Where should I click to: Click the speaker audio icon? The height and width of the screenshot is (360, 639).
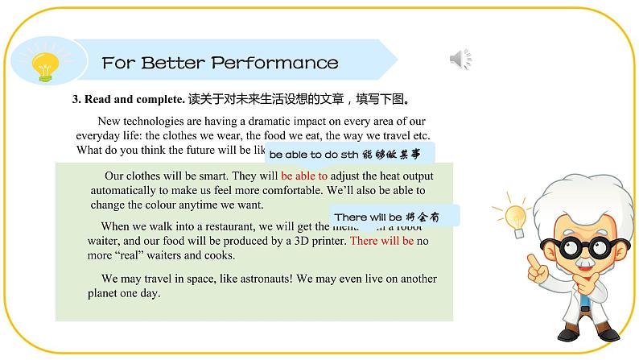460,59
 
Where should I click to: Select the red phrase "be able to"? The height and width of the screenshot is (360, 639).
304,176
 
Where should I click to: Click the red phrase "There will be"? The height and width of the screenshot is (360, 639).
382,240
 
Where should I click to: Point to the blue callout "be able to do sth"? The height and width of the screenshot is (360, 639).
349,153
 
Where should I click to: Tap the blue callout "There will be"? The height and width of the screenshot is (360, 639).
394,217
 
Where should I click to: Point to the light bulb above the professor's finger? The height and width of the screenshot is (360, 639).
515,216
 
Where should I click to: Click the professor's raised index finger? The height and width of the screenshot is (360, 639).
531,262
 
